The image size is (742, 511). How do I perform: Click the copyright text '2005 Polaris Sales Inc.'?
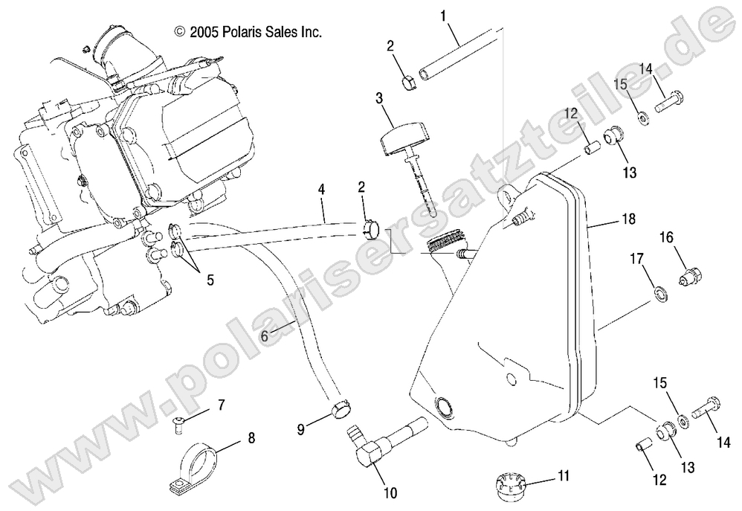pyautogui.click(x=247, y=32)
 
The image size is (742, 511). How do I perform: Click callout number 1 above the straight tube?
pyautogui.click(x=443, y=16)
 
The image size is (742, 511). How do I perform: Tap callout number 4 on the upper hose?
pyautogui.click(x=321, y=190)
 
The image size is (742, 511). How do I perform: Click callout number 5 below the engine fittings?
pyautogui.click(x=210, y=280)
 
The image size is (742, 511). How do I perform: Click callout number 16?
pyautogui.click(x=665, y=237)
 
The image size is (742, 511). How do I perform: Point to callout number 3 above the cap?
pyautogui.click(x=379, y=97)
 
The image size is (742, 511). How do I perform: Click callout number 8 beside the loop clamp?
pyautogui.click(x=251, y=438)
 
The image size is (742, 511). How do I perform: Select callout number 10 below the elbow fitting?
pyautogui.click(x=390, y=492)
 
